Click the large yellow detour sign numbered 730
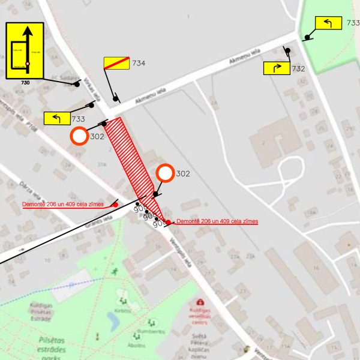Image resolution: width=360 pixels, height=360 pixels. point(25,50)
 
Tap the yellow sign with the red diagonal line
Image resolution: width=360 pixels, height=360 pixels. point(116,63)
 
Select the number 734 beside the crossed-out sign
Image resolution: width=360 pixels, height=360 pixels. point(139,63)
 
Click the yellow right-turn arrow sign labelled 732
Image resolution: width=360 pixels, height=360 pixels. point(276,68)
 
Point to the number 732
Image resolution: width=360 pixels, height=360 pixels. point(298,69)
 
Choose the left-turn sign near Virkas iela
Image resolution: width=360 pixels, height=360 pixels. point(57,118)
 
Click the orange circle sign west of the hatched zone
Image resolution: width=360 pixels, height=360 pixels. point(79,136)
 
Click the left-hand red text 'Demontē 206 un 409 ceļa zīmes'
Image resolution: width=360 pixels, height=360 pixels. point(63,205)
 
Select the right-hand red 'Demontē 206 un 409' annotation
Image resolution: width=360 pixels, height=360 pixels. point(217,222)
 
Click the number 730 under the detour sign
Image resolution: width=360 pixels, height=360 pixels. point(25,82)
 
